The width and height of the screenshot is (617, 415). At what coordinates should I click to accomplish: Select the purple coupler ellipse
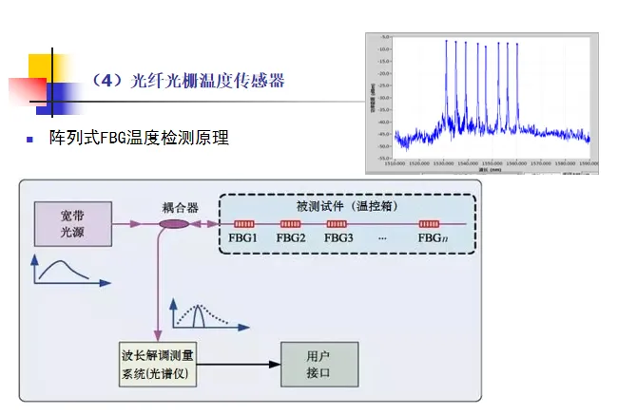(x=174, y=225)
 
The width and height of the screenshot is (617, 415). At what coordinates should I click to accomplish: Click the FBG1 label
(x=243, y=237)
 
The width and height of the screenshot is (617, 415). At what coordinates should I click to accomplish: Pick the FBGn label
(x=433, y=237)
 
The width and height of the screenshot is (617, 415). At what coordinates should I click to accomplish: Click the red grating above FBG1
(x=243, y=224)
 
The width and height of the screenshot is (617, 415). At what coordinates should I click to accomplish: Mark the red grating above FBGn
(x=433, y=224)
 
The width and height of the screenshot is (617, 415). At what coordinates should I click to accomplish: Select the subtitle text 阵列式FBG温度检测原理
(x=139, y=138)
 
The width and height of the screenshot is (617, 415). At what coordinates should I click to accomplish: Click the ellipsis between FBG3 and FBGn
(x=381, y=236)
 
